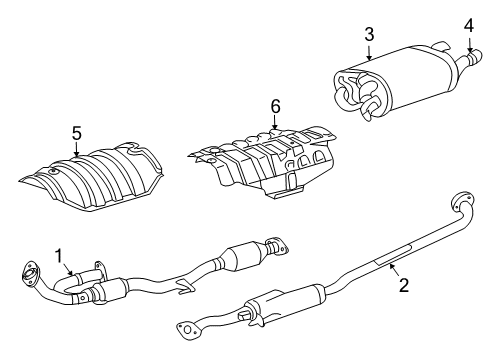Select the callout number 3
tap(369, 35)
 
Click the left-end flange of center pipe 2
tap(187, 326)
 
